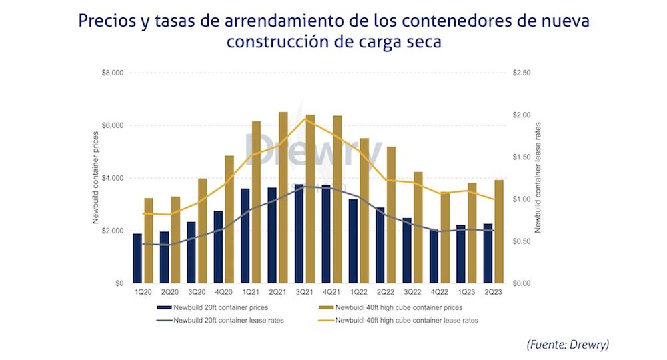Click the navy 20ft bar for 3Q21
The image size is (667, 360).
click(x=299, y=233)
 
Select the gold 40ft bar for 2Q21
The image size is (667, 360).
click(x=283, y=197)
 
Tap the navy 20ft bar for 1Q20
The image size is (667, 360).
click(x=137, y=258)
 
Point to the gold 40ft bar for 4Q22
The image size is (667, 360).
click(x=445, y=237)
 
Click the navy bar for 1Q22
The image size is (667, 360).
click(x=354, y=241)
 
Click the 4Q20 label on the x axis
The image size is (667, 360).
click(x=223, y=292)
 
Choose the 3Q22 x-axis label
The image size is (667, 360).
click(x=412, y=292)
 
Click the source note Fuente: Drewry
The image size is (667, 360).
click(x=568, y=344)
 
